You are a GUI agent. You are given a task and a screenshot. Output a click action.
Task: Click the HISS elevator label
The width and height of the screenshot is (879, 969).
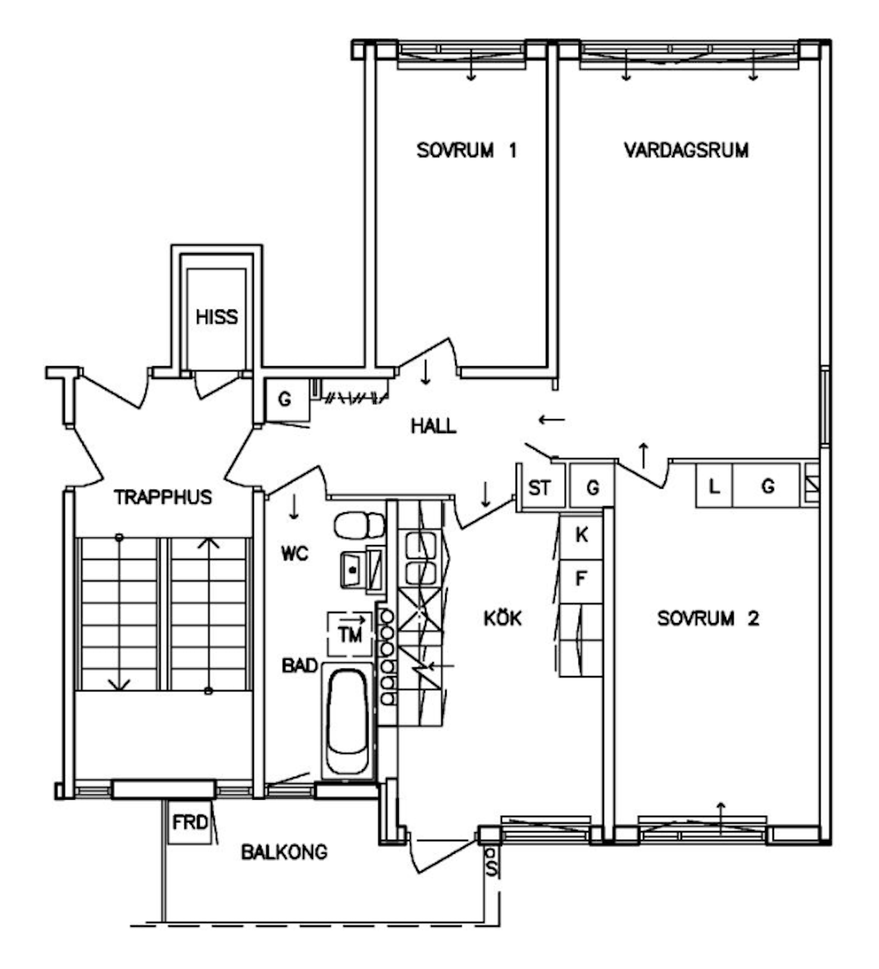click(216, 317)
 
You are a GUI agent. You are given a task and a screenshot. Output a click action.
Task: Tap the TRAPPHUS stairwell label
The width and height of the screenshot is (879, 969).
click(163, 497)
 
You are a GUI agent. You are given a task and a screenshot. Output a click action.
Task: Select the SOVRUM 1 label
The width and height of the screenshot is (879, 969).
click(466, 150)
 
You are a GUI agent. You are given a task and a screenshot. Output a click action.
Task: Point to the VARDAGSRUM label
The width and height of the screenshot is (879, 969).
click(686, 150)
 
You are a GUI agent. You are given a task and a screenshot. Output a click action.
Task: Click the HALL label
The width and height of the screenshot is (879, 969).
click(433, 426)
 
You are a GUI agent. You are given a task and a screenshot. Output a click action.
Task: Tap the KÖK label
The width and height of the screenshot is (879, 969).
click(502, 617)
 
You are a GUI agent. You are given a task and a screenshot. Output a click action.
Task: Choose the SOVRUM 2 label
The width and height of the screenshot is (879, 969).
click(708, 618)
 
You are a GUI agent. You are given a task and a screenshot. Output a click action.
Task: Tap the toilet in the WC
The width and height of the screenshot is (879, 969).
click(360, 525)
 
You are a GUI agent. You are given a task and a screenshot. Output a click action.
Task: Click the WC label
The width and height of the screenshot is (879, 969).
click(294, 554)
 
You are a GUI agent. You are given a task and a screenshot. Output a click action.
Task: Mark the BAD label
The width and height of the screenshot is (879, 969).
click(299, 666)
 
